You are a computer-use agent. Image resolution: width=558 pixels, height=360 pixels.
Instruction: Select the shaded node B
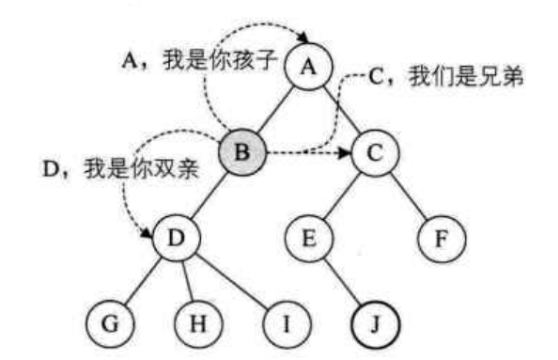[x=243, y=151]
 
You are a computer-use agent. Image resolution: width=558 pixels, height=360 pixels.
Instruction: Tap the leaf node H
[x=197, y=324]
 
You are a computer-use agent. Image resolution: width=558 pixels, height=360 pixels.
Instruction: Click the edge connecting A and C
[x=345, y=109]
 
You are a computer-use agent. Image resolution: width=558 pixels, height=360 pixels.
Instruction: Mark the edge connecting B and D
[x=209, y=194]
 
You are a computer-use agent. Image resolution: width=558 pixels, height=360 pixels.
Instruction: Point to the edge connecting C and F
[x=411, y=194]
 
